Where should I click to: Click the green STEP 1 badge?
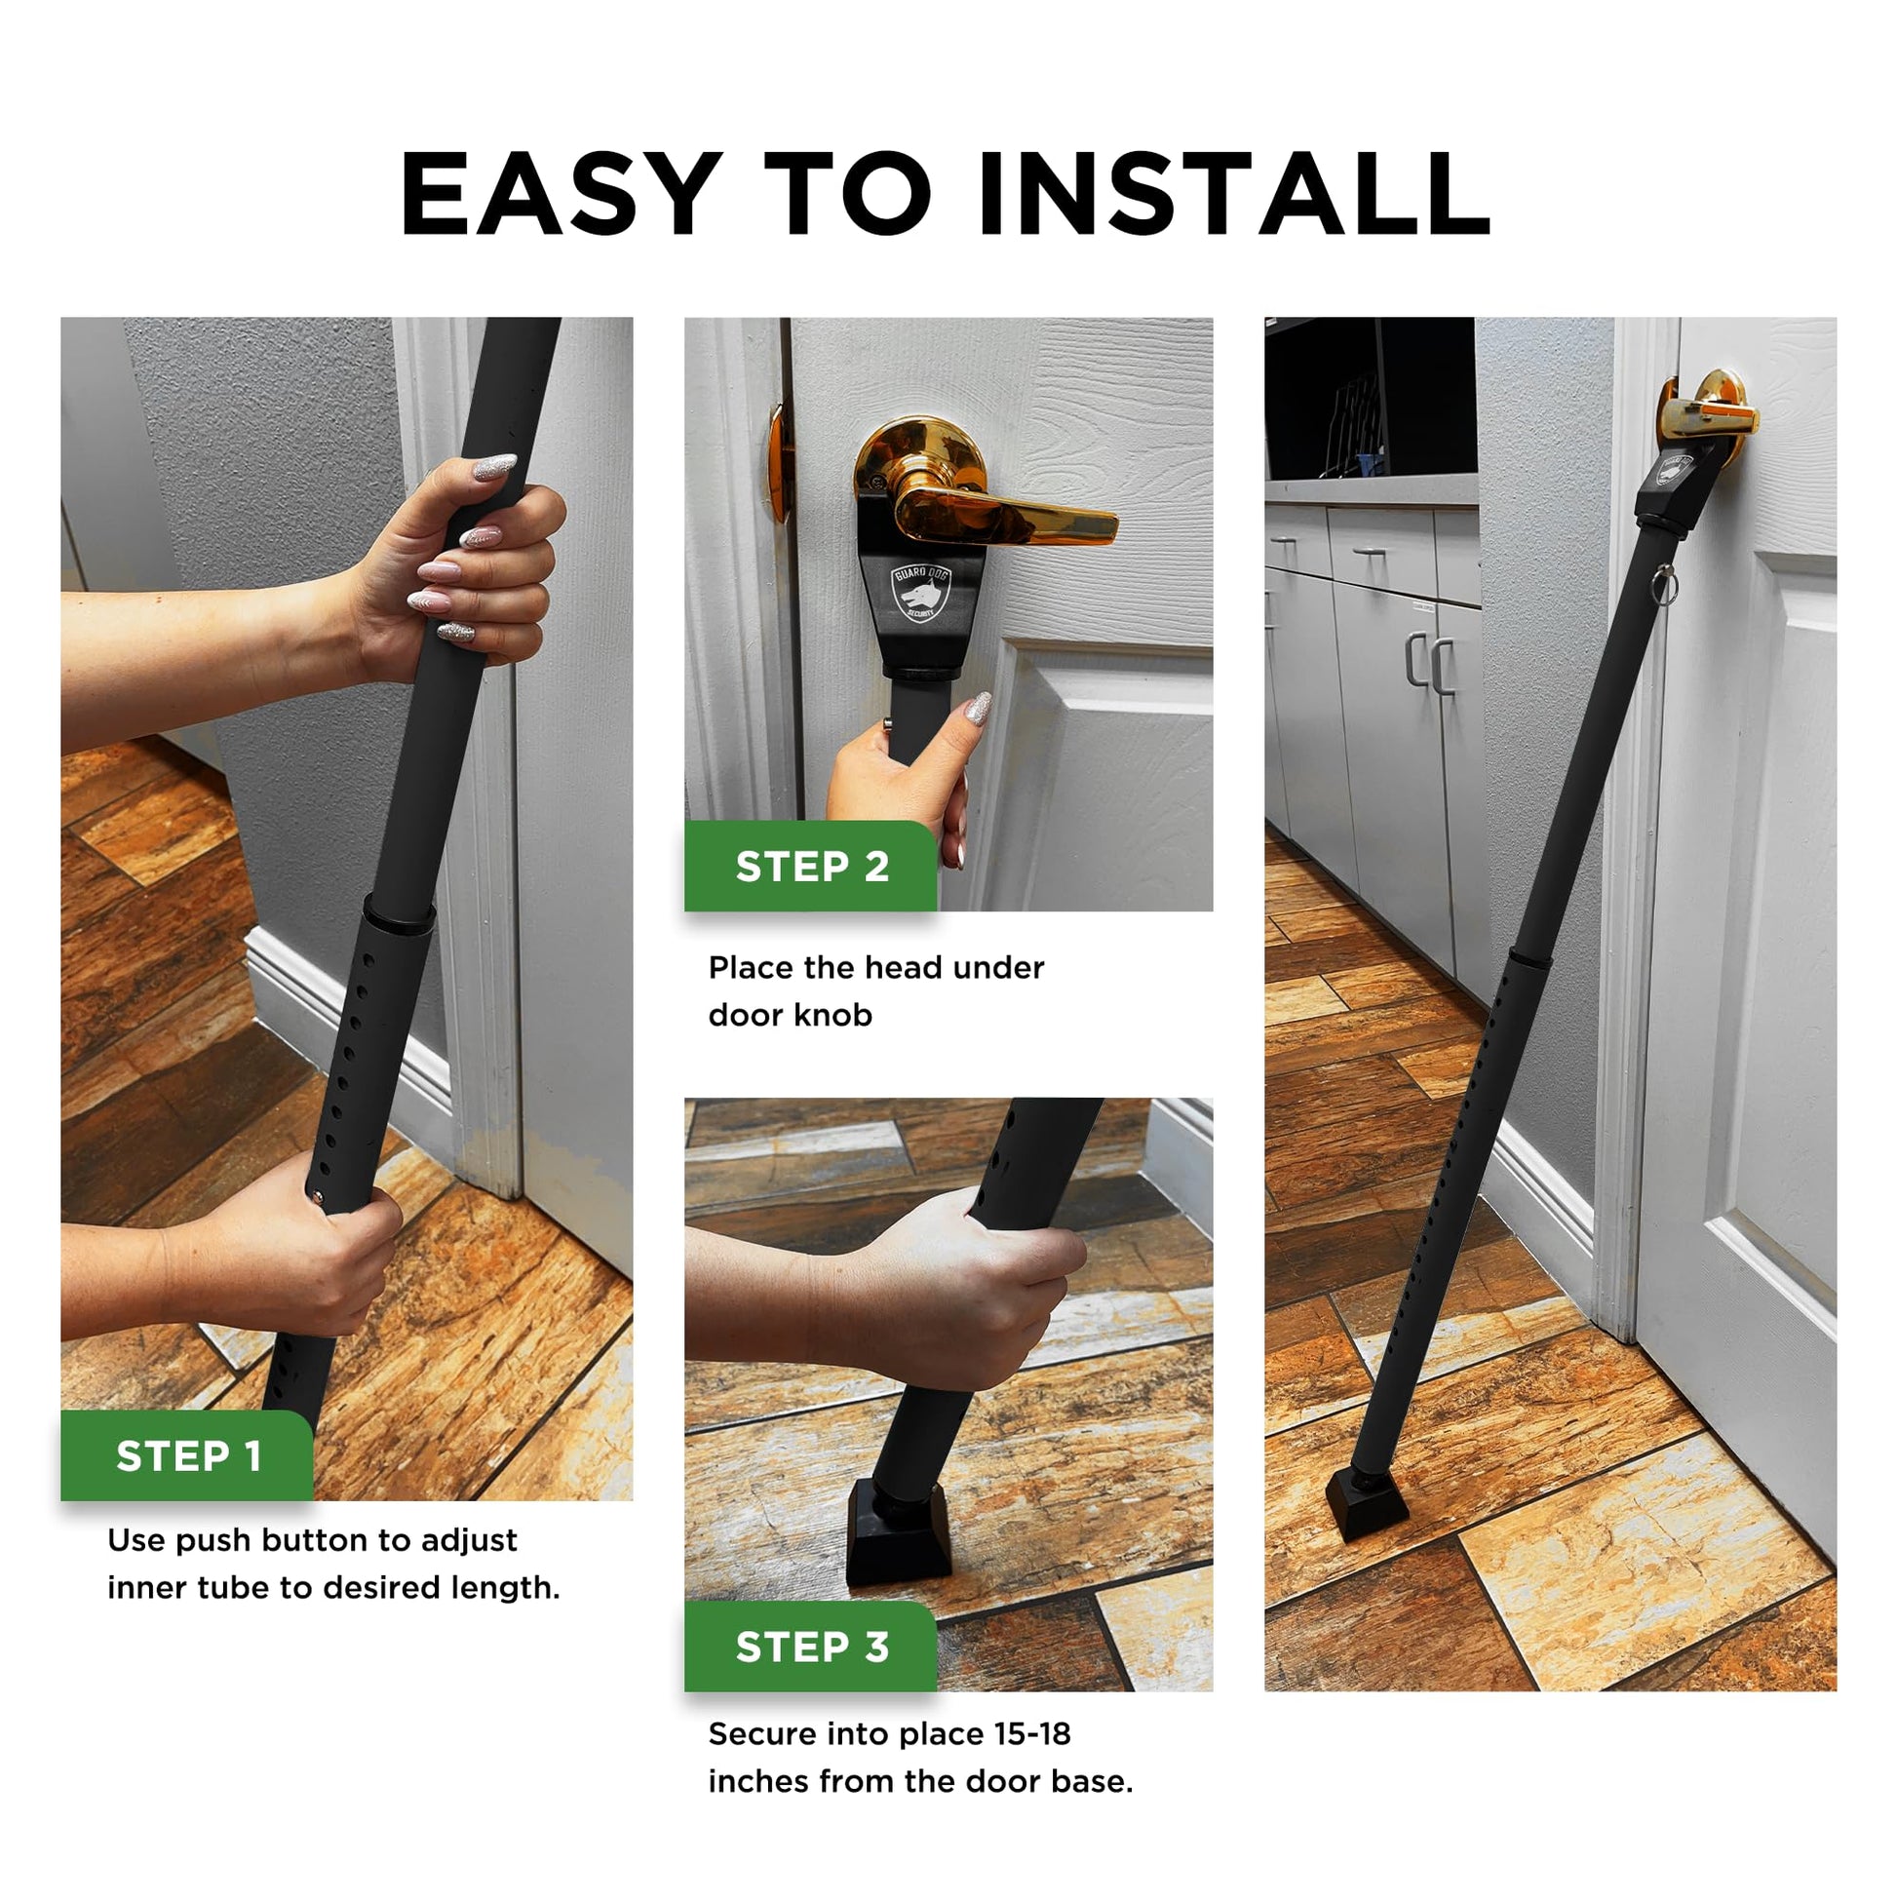tap(187, 1455)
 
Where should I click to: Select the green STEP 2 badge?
tap(811, 866)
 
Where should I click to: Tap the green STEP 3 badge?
tap(811, 1647)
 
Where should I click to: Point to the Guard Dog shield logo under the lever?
tap(921, 595)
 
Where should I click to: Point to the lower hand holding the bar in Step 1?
tap(285, 1243)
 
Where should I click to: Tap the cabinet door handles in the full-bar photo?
tap(1429, 664)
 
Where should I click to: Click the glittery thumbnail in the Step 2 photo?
tap(977, 708)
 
